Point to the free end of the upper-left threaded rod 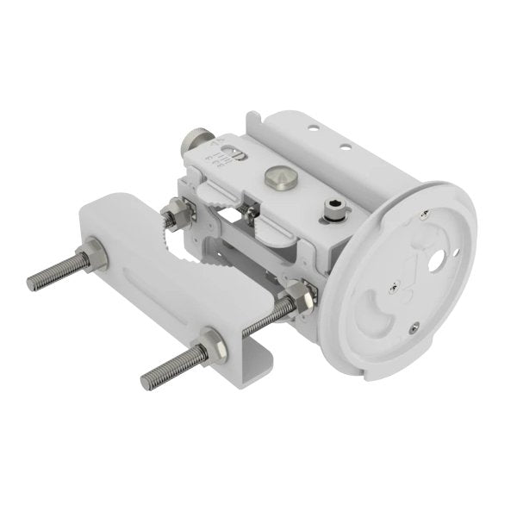(x=31, y=282)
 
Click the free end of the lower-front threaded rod (x=146, y=380)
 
